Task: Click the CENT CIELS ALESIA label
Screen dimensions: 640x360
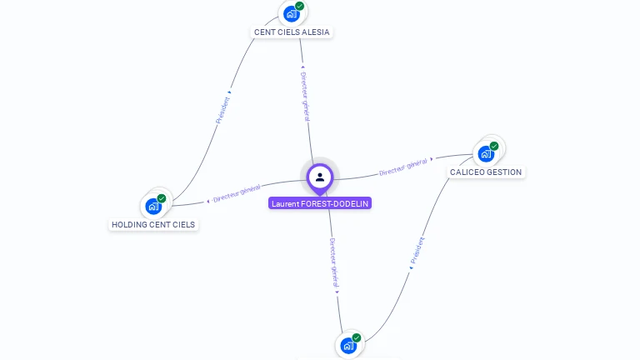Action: point(292,32)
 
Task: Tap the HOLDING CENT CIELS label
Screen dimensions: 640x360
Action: point(153,224)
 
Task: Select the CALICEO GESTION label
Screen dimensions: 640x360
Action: point(486,172)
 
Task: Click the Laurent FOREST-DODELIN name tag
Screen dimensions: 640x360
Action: point(320,203)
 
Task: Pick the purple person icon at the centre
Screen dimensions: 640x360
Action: point(320,177)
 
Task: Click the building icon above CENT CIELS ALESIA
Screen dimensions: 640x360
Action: point(291,13)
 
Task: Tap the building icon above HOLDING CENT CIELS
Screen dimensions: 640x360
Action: point(153,206)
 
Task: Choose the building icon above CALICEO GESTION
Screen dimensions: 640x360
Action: point(485,153)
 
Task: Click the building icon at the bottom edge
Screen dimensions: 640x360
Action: point(348,345)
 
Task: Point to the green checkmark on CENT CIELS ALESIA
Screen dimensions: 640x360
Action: point(299,6)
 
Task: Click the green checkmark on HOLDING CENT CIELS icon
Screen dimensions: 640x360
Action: point(162,198)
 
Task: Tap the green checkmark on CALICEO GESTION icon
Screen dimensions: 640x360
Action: point(494,146)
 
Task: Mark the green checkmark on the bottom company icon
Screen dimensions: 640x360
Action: point(357,337)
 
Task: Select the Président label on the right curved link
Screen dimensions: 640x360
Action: point(417,251)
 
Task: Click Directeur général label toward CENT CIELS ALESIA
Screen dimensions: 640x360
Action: point(304,95)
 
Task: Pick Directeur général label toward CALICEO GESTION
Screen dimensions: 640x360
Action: point(403,167)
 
